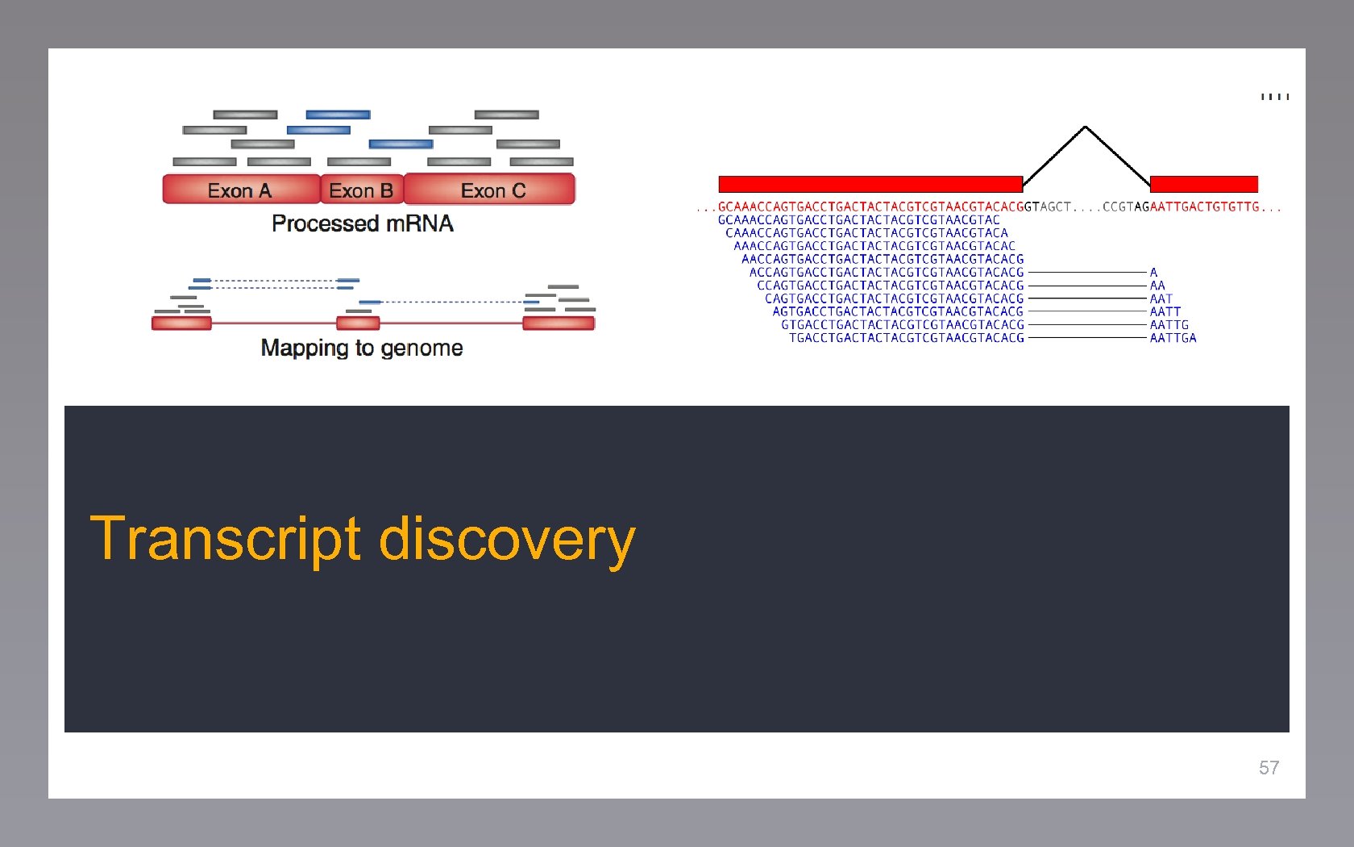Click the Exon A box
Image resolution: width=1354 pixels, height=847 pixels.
point(241,190)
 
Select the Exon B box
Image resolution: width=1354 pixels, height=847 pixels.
point(361,190)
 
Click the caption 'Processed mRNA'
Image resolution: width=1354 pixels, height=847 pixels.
point(362,223)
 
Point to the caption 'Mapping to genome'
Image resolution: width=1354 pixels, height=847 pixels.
point(362,348)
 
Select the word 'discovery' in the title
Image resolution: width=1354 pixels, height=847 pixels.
point(507,539)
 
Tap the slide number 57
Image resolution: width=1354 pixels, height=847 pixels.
point(1269,768)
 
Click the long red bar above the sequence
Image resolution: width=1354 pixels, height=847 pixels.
point(870,184)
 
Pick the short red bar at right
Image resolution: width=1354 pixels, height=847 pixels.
point(1203,184)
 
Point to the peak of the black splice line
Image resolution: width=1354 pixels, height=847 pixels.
point(1086,127)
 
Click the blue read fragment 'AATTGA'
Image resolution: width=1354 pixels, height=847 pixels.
point(1173,338)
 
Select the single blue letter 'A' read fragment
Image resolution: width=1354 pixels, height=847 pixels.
point(1153,273)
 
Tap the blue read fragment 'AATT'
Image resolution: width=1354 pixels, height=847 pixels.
point(1165,311)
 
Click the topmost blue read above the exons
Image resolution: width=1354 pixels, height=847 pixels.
point(338,115)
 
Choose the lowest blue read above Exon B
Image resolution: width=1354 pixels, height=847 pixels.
point(401,144)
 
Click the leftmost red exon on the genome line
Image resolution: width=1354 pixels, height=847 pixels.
point(181,323)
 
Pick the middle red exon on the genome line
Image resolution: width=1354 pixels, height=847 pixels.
point(358,323)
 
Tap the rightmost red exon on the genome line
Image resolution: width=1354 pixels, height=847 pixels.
point(559,323)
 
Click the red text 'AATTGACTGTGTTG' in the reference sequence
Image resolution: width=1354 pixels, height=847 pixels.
point(1204,207)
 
